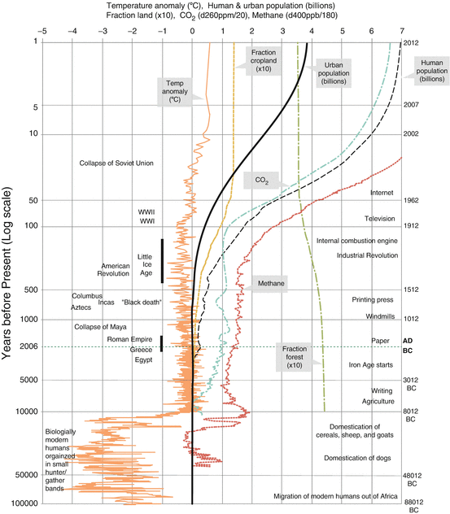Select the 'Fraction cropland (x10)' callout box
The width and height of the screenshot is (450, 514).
[x=263, y=59]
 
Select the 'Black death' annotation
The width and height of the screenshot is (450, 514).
[x=142, y=303]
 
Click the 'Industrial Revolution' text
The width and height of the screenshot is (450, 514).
[x=366, y=255]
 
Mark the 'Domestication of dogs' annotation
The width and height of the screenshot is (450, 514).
[x=359, y=458]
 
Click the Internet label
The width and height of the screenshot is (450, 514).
[x=382, y=193]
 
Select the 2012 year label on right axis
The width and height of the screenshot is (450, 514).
[x=412, y=42]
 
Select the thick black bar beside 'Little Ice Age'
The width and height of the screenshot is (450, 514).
[x=162, y=260]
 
